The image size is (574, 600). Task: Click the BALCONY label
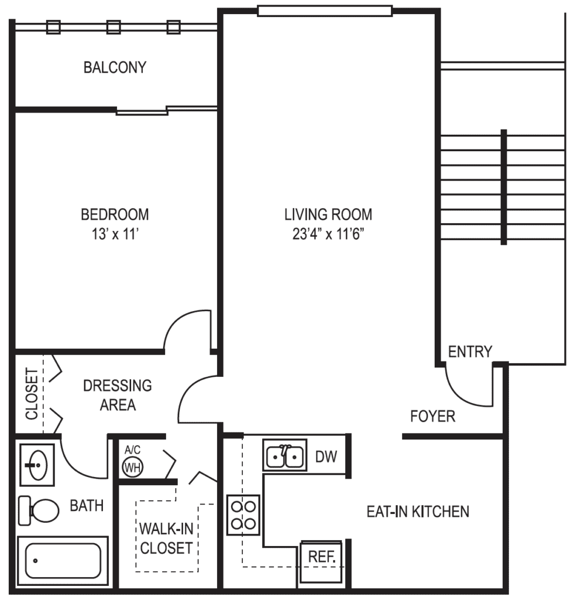tap(115, 67)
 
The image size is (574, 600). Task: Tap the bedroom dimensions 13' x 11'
tap(115, 234)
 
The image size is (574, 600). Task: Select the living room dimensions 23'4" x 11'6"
tap(328, 234)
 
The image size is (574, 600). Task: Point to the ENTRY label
tap(470, 352)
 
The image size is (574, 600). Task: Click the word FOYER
tap(432, 417)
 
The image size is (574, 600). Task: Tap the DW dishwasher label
tap(326, 456)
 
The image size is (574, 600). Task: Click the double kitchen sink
tap(284, 455)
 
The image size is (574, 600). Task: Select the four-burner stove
tap(243, 514)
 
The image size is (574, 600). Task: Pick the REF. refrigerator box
tap(321, 559)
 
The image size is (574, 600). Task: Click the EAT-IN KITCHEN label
tap(418, 512)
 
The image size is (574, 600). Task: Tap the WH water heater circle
tap(133, 466)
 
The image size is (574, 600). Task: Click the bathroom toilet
tap(39, 510)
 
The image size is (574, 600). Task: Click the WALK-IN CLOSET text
tap(166, 538)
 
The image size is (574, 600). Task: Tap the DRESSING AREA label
tap(117, 395)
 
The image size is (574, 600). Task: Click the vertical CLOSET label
tap(32, 394)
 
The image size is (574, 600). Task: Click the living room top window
tap(325, 11)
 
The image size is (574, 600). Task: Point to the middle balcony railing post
tap(114, 26)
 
